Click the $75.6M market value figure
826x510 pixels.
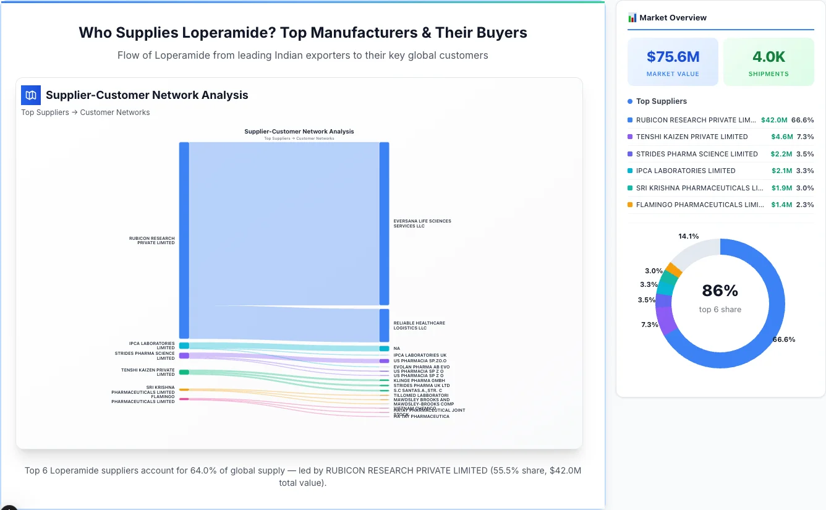[673, 57]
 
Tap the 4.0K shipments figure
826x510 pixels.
[769, 57]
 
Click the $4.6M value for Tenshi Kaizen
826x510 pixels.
[781, 137]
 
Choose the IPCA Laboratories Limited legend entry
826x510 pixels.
[686, 171]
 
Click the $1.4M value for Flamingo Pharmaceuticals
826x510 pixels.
[781, 205]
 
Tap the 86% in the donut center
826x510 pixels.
[720, 291]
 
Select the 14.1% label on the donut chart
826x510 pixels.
[688, 236]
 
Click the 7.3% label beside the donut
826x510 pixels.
[649, 325]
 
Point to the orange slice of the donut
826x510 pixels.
[675, 270]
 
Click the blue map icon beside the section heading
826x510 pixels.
[30, 95]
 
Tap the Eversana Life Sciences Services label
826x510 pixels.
[422, 223]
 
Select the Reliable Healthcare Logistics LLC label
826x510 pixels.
[419, 325]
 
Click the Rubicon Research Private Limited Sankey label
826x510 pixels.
[152, 240]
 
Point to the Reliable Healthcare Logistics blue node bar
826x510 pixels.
[385, 325]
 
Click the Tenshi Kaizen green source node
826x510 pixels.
[184, 372]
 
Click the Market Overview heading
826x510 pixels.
[673, 18]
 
